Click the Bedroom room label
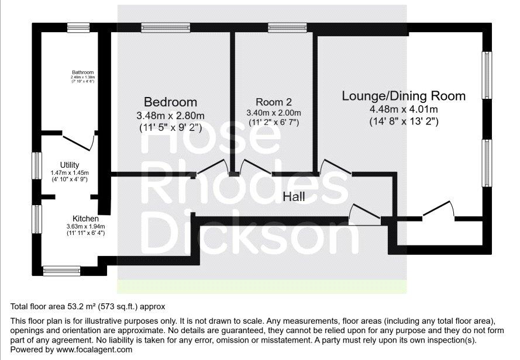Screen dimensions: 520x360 coord(170,102)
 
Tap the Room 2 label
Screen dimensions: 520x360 coord(274,102)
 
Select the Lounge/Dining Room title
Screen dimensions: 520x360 coord(404,96)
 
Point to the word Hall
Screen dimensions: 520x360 coord(294,197)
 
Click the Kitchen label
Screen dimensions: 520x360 coord(85,219)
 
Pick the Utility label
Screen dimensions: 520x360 coord(70,165)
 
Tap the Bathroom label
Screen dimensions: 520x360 coord(83,72)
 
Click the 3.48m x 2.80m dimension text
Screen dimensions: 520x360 coord(170,116)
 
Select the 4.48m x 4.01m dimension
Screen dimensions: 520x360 coord(404,109)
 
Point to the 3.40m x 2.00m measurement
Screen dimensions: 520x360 coord(274,113)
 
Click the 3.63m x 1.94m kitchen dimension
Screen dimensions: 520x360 coord(85,226)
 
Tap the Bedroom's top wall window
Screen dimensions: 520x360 coord(166,27)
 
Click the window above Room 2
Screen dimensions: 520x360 coord(287,27)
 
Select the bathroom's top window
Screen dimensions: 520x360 coord(78,27)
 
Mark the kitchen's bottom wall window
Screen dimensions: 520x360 coord(61,271)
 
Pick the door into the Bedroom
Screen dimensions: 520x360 coord(212,167)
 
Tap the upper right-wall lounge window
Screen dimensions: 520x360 coord(487,75)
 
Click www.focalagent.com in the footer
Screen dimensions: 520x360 coord(94,349)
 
